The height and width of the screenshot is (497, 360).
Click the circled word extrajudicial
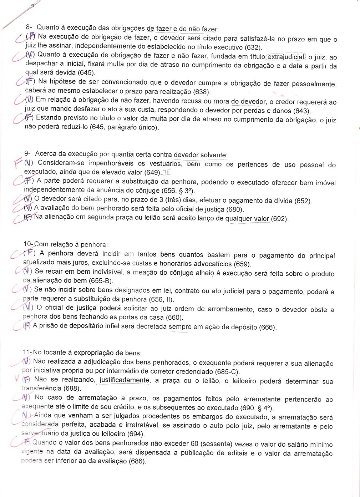click(x=286, y=57)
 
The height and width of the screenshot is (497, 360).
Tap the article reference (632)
click(x=253, y=47)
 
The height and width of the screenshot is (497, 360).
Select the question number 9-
click(x=27, y=153)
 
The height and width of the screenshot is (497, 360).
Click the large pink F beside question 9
click(x=18, y=164)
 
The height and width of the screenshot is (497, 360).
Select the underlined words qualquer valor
click(x=247, y=219)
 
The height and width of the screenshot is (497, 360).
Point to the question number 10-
click(x=28, y=244)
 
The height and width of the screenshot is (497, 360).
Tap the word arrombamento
click(x=230, y=309)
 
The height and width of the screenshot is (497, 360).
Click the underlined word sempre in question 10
click(x=180, y=326)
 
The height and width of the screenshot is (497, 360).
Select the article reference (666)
click(x=268, y=327)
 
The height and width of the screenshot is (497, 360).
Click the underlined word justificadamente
click(x=124, y=380)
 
